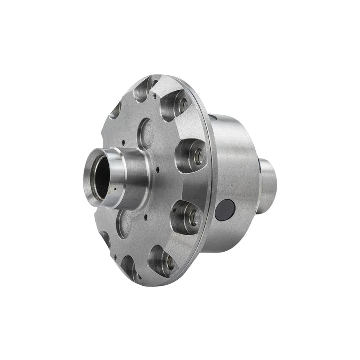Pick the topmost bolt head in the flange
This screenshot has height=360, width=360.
(x=183, y=105)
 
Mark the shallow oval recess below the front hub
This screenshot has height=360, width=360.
(x=124, y=222)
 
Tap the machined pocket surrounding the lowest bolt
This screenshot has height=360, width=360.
(x=162, y=260)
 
